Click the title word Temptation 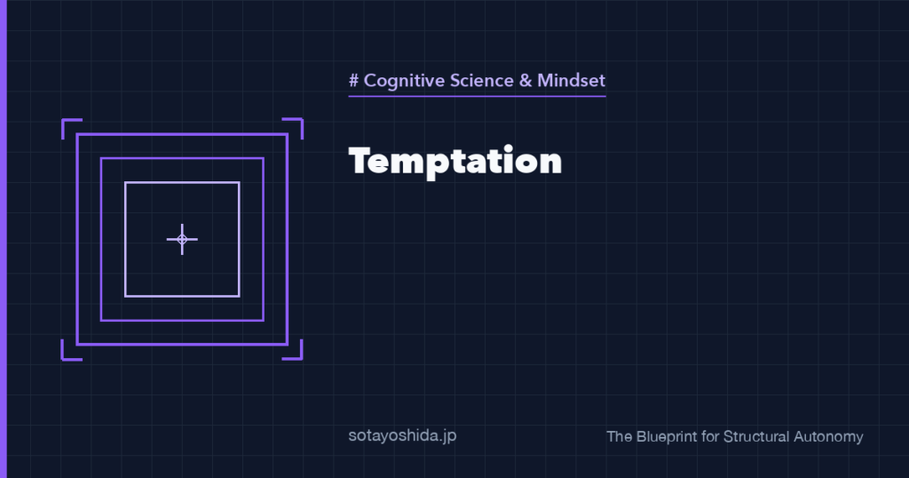coord(455,161)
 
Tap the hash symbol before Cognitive coord(353,80)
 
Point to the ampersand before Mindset coord(526,80)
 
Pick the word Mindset coord(571,80)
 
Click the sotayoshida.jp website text coord(402,435)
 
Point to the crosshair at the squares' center coord(182,239)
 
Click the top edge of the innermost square coord(182,183)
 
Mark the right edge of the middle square coord(263,239)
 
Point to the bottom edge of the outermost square coord(182,345)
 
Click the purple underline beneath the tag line coord(477,96)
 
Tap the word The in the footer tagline coord(619,436)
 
